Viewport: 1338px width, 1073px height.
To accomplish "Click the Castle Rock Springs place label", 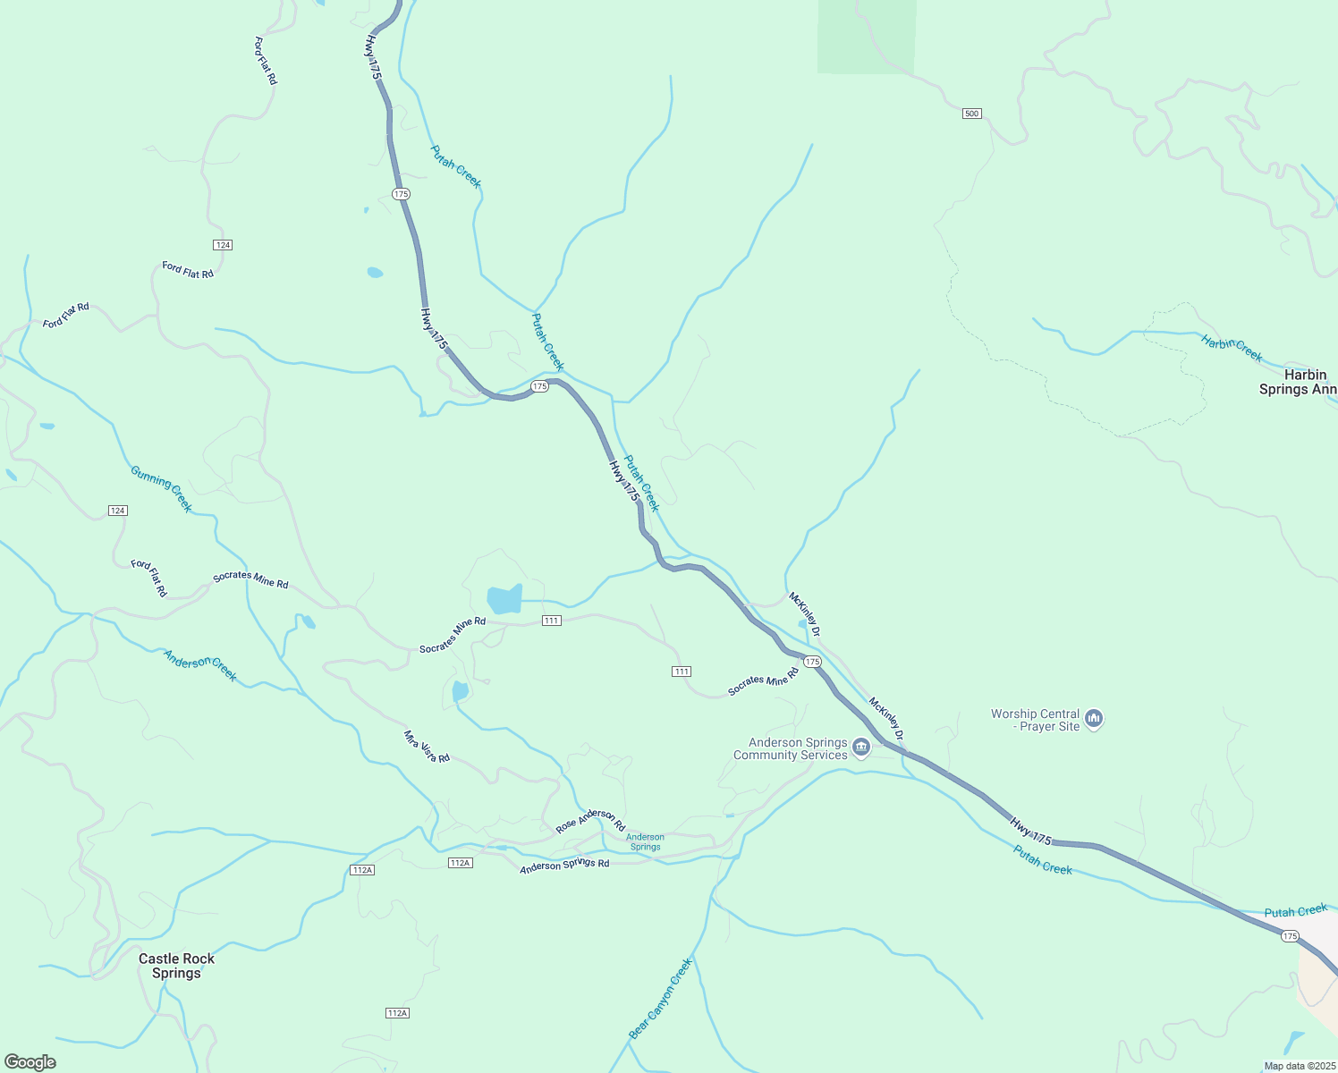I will click(x=176, y=966).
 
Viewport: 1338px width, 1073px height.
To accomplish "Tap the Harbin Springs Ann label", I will click(x=1298, y=382).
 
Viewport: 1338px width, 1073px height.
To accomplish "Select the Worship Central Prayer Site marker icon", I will click(x=1094, y=719).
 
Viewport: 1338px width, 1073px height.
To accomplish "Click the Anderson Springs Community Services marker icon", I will click(x=861, y=748).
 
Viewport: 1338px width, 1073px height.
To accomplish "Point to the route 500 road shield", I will click(x=972, y=114).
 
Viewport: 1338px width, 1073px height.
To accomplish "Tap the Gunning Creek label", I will click(x=162, y=488).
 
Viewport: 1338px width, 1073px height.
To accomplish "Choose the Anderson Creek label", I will click(x=200, y=665).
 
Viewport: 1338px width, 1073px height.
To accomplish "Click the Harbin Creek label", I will click(x=1232, y=348).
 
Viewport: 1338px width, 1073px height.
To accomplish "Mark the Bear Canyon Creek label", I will click(x=661, y=998).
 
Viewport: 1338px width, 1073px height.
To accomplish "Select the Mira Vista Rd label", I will click(x=427, y=747).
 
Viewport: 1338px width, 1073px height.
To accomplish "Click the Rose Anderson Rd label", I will click(x=590, y=821).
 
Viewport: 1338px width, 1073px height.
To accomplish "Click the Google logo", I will click(x=30, y=1062).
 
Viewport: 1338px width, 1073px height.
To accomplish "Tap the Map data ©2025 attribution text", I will click(x=1299, y=1066).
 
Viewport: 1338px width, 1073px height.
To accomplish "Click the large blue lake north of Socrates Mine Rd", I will click(x=504, y=599).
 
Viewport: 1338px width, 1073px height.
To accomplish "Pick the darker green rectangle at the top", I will click(x=867, y=37).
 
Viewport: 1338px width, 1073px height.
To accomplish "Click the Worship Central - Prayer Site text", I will click(x=1035, y=720).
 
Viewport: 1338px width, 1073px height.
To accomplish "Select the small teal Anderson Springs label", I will click(x=645, y=842).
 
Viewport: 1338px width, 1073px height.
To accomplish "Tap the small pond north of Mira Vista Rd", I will click(x=461, y=691).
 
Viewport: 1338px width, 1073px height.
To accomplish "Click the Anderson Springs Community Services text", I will click(x=791, y=749).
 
